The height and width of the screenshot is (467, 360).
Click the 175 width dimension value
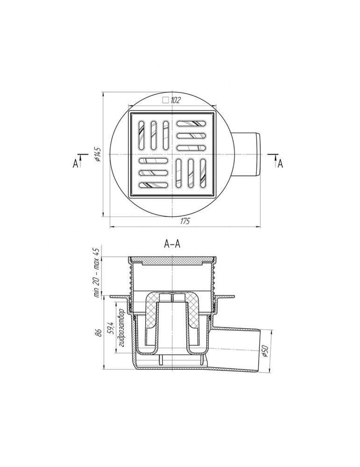point(184,221)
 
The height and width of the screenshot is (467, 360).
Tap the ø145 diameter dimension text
point(98,154)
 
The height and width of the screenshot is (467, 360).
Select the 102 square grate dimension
point(176,100)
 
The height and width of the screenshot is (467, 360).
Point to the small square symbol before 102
point(166,100)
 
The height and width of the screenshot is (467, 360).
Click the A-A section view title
point(172,244)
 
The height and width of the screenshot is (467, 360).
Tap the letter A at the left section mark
point(75,163)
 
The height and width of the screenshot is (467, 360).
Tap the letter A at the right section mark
point(280,163)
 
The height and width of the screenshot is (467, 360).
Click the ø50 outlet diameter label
point(265,352)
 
